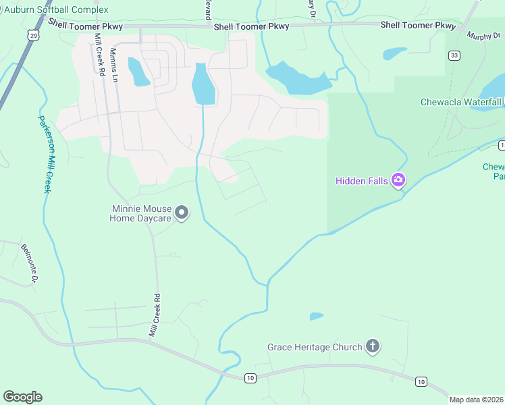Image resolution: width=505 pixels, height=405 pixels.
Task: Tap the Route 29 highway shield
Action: (x=32, y=35)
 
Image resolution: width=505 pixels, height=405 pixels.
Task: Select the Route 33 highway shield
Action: (x=454, y=56)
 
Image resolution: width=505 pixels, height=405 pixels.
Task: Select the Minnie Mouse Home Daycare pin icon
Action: (x=182, y=213)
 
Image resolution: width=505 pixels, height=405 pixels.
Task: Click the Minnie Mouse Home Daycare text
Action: (x=141, y=213)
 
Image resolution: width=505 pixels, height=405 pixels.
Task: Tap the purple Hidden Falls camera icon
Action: (x=398, y=180)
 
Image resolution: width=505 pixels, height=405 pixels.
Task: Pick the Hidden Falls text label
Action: (x=362, y=180)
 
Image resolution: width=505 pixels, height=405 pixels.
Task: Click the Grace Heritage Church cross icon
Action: (x=372, y=347)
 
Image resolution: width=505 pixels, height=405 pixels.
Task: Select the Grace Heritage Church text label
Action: (x=315, y=348)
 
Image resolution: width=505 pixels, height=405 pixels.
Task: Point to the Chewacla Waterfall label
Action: (x=461, y=102)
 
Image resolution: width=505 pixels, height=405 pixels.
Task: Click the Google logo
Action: (x=22, y=396)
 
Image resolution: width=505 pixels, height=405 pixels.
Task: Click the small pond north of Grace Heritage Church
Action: (x=316, y=316)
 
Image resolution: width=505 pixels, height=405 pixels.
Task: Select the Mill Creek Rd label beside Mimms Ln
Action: (x=99, y=54)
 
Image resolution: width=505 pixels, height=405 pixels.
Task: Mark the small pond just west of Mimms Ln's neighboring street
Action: (x=138, y=72)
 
